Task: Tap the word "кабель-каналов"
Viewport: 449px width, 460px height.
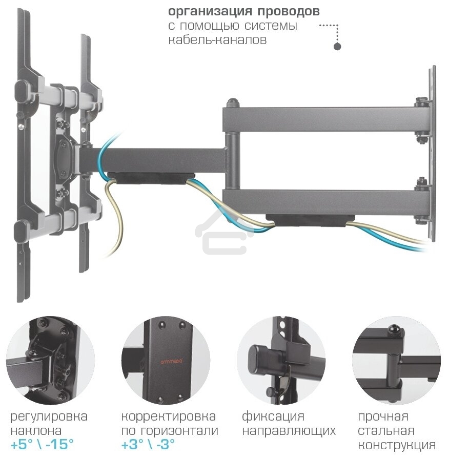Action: coord(217,40)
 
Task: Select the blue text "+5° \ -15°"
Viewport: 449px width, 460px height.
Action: coord(42,444)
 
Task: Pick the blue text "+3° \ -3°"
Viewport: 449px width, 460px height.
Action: coord(149,444)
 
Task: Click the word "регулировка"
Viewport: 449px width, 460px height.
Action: coord(49,416)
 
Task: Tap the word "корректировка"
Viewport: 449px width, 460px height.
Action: coord(169,416)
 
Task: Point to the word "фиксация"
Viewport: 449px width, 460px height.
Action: coord(273,416)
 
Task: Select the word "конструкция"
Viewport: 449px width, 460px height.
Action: coord(397,445)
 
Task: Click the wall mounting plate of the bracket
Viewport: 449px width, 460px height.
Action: coord(432,154)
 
